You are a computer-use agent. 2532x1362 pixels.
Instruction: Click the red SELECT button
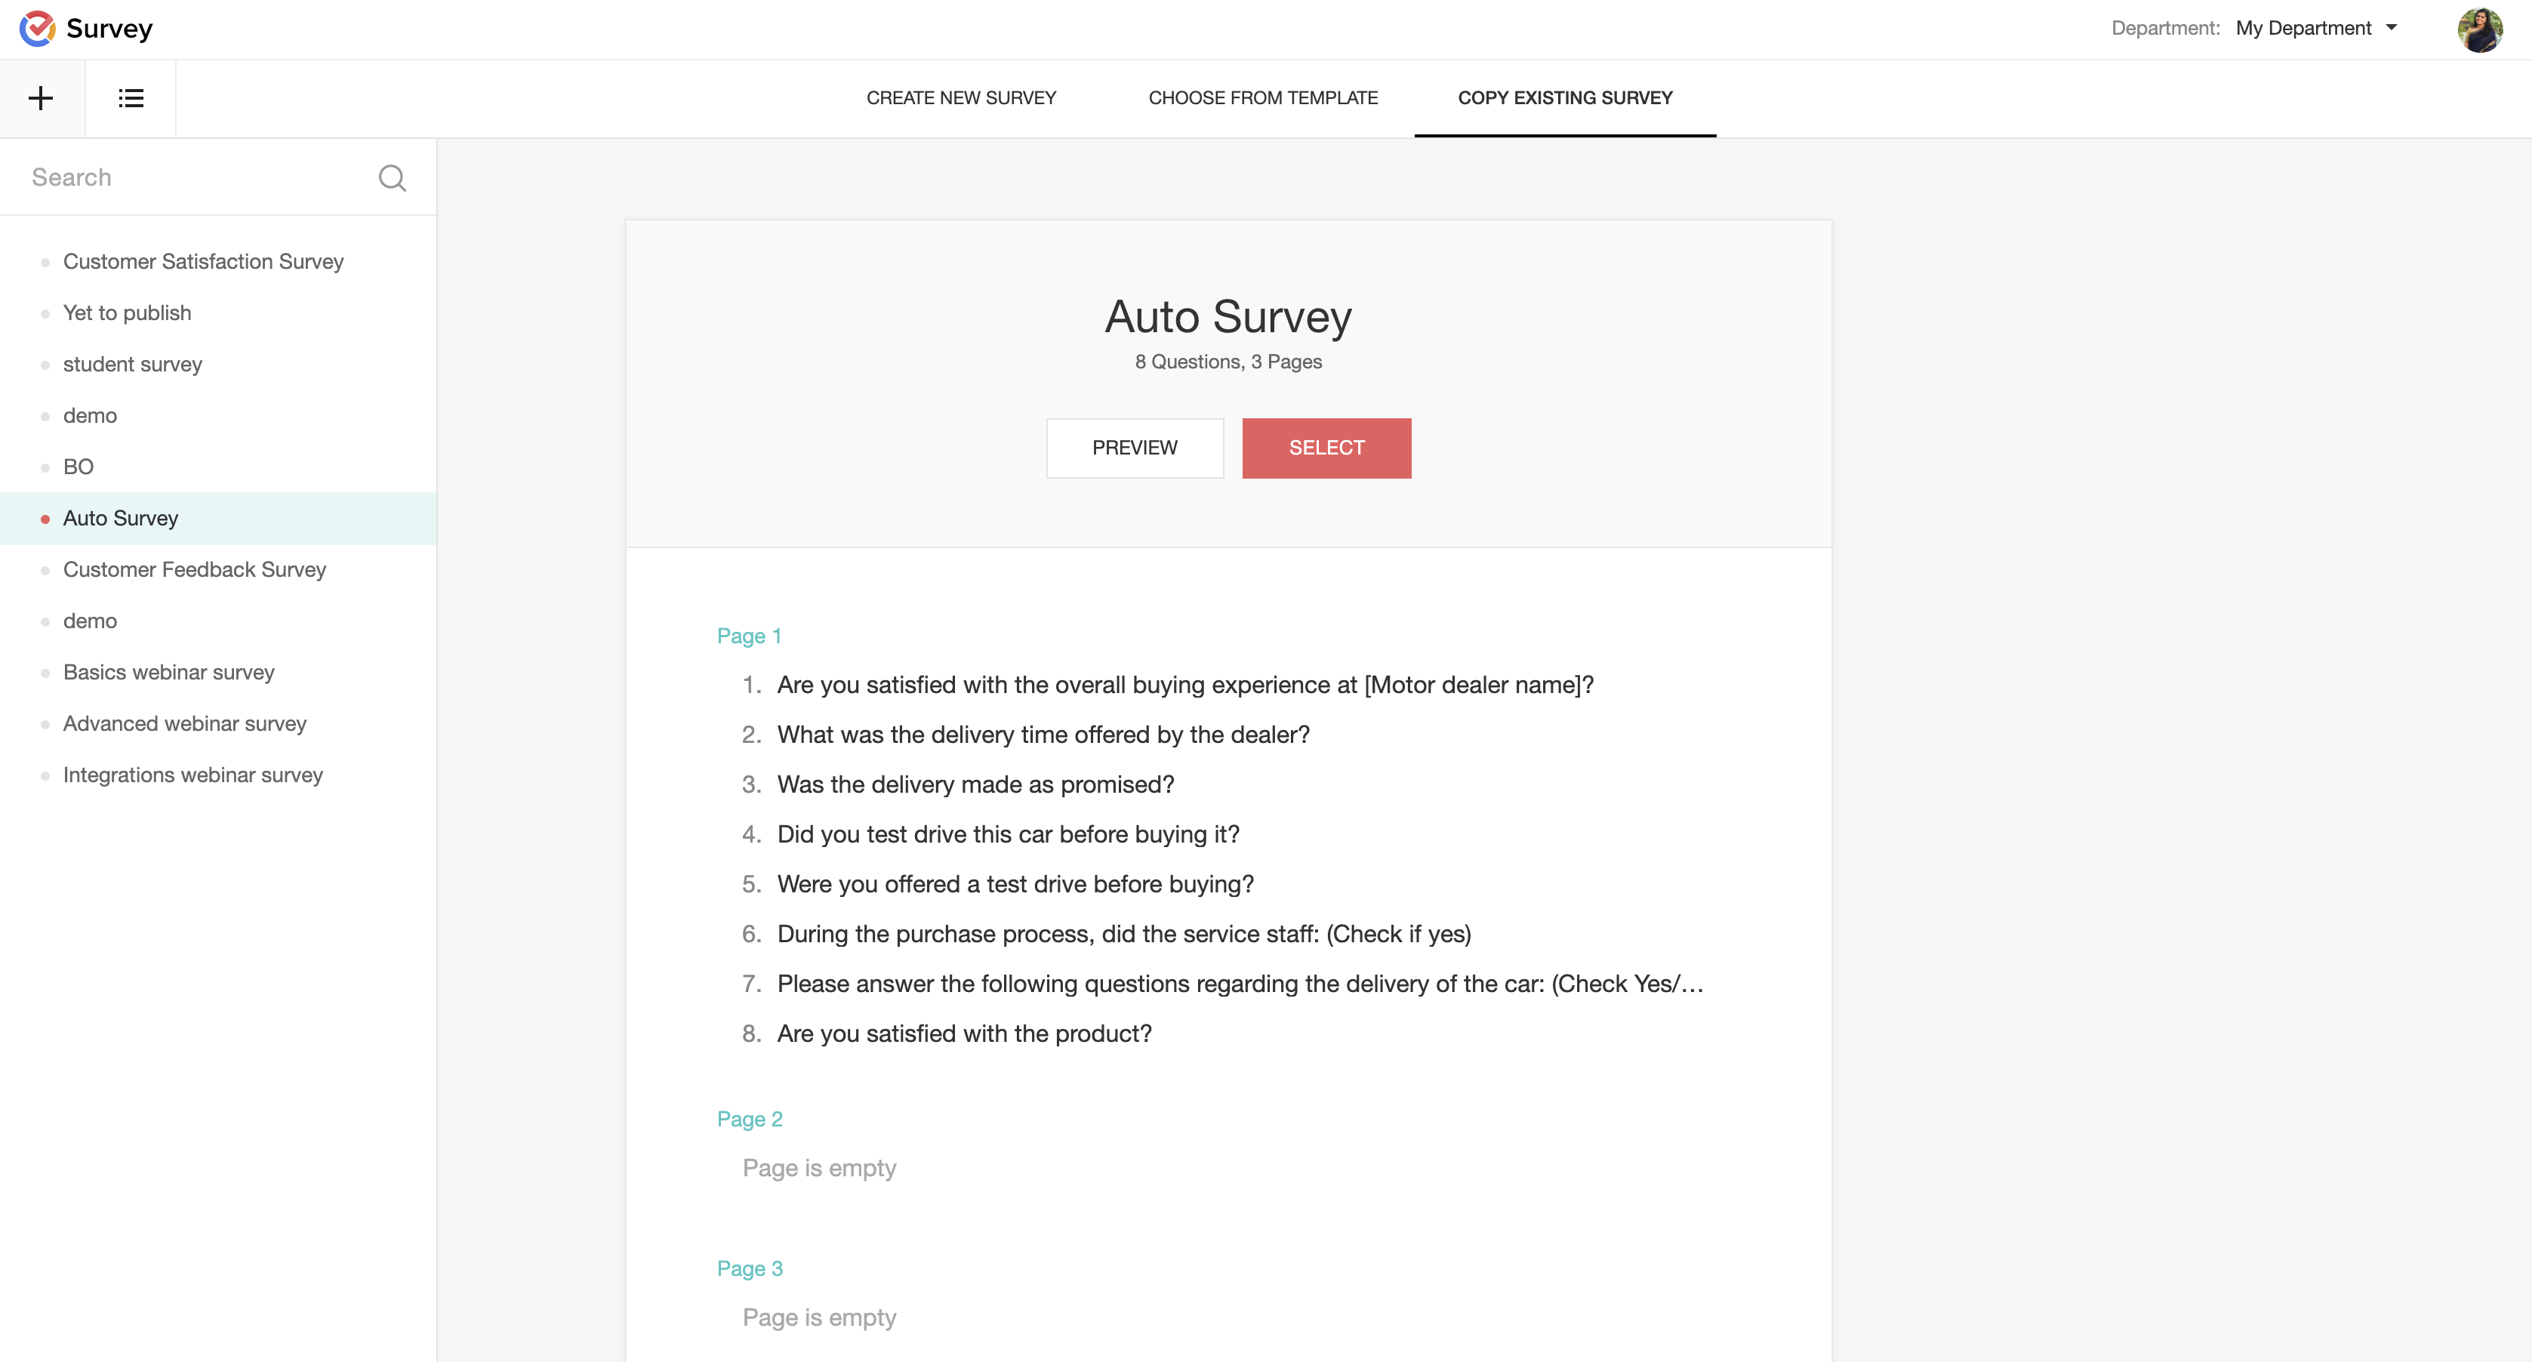coord(1326,448)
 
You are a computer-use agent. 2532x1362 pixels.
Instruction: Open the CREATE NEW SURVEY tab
coord(960,98)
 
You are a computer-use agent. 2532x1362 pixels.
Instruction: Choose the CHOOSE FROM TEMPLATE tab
coord(1263,98)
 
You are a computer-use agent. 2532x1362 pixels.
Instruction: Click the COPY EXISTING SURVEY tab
coord(1565,98)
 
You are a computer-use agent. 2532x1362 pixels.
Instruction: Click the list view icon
coord(131,98)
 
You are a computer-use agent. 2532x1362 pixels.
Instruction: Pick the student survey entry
coord(133,365)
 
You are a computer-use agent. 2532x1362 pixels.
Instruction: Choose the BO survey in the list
coord(79,467)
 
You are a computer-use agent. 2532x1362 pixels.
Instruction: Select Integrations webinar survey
coord(193,775)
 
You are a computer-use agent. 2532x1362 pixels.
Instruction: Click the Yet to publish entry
coord(127,313)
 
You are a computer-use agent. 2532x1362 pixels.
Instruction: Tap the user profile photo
coord(2479,29)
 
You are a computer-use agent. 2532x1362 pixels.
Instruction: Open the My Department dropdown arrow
coord(2392,27)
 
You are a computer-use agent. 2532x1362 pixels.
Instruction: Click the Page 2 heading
coord(750,1120)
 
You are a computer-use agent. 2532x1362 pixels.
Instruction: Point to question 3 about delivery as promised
coord(975,784)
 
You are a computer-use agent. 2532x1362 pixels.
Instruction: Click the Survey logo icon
coord(37,29)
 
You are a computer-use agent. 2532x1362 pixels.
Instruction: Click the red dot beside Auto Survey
coord(45,519)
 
